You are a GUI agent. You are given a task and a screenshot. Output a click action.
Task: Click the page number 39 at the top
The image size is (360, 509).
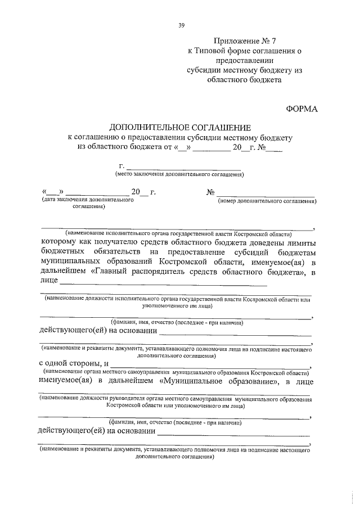pyautogui.click(x=181, y=25)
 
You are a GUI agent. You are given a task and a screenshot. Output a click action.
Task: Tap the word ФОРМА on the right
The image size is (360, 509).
pyautogui.click(x=302, y=109)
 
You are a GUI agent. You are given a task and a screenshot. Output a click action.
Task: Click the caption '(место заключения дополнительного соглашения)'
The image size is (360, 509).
pyautogui.click(x=179, y=174)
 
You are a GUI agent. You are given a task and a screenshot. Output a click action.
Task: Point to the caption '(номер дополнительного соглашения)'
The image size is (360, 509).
pyautogui.click(x=267, y=200)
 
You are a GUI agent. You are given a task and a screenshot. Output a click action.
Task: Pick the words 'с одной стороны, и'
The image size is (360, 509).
pyautogui.click(x=70, y=364)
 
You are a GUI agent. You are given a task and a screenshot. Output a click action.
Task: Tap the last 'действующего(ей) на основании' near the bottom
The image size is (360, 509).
pyautogui.click(x=95, y=431)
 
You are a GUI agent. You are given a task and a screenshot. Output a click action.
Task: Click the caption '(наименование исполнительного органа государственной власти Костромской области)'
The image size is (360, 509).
pyautogui.click(x=179, y=233)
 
